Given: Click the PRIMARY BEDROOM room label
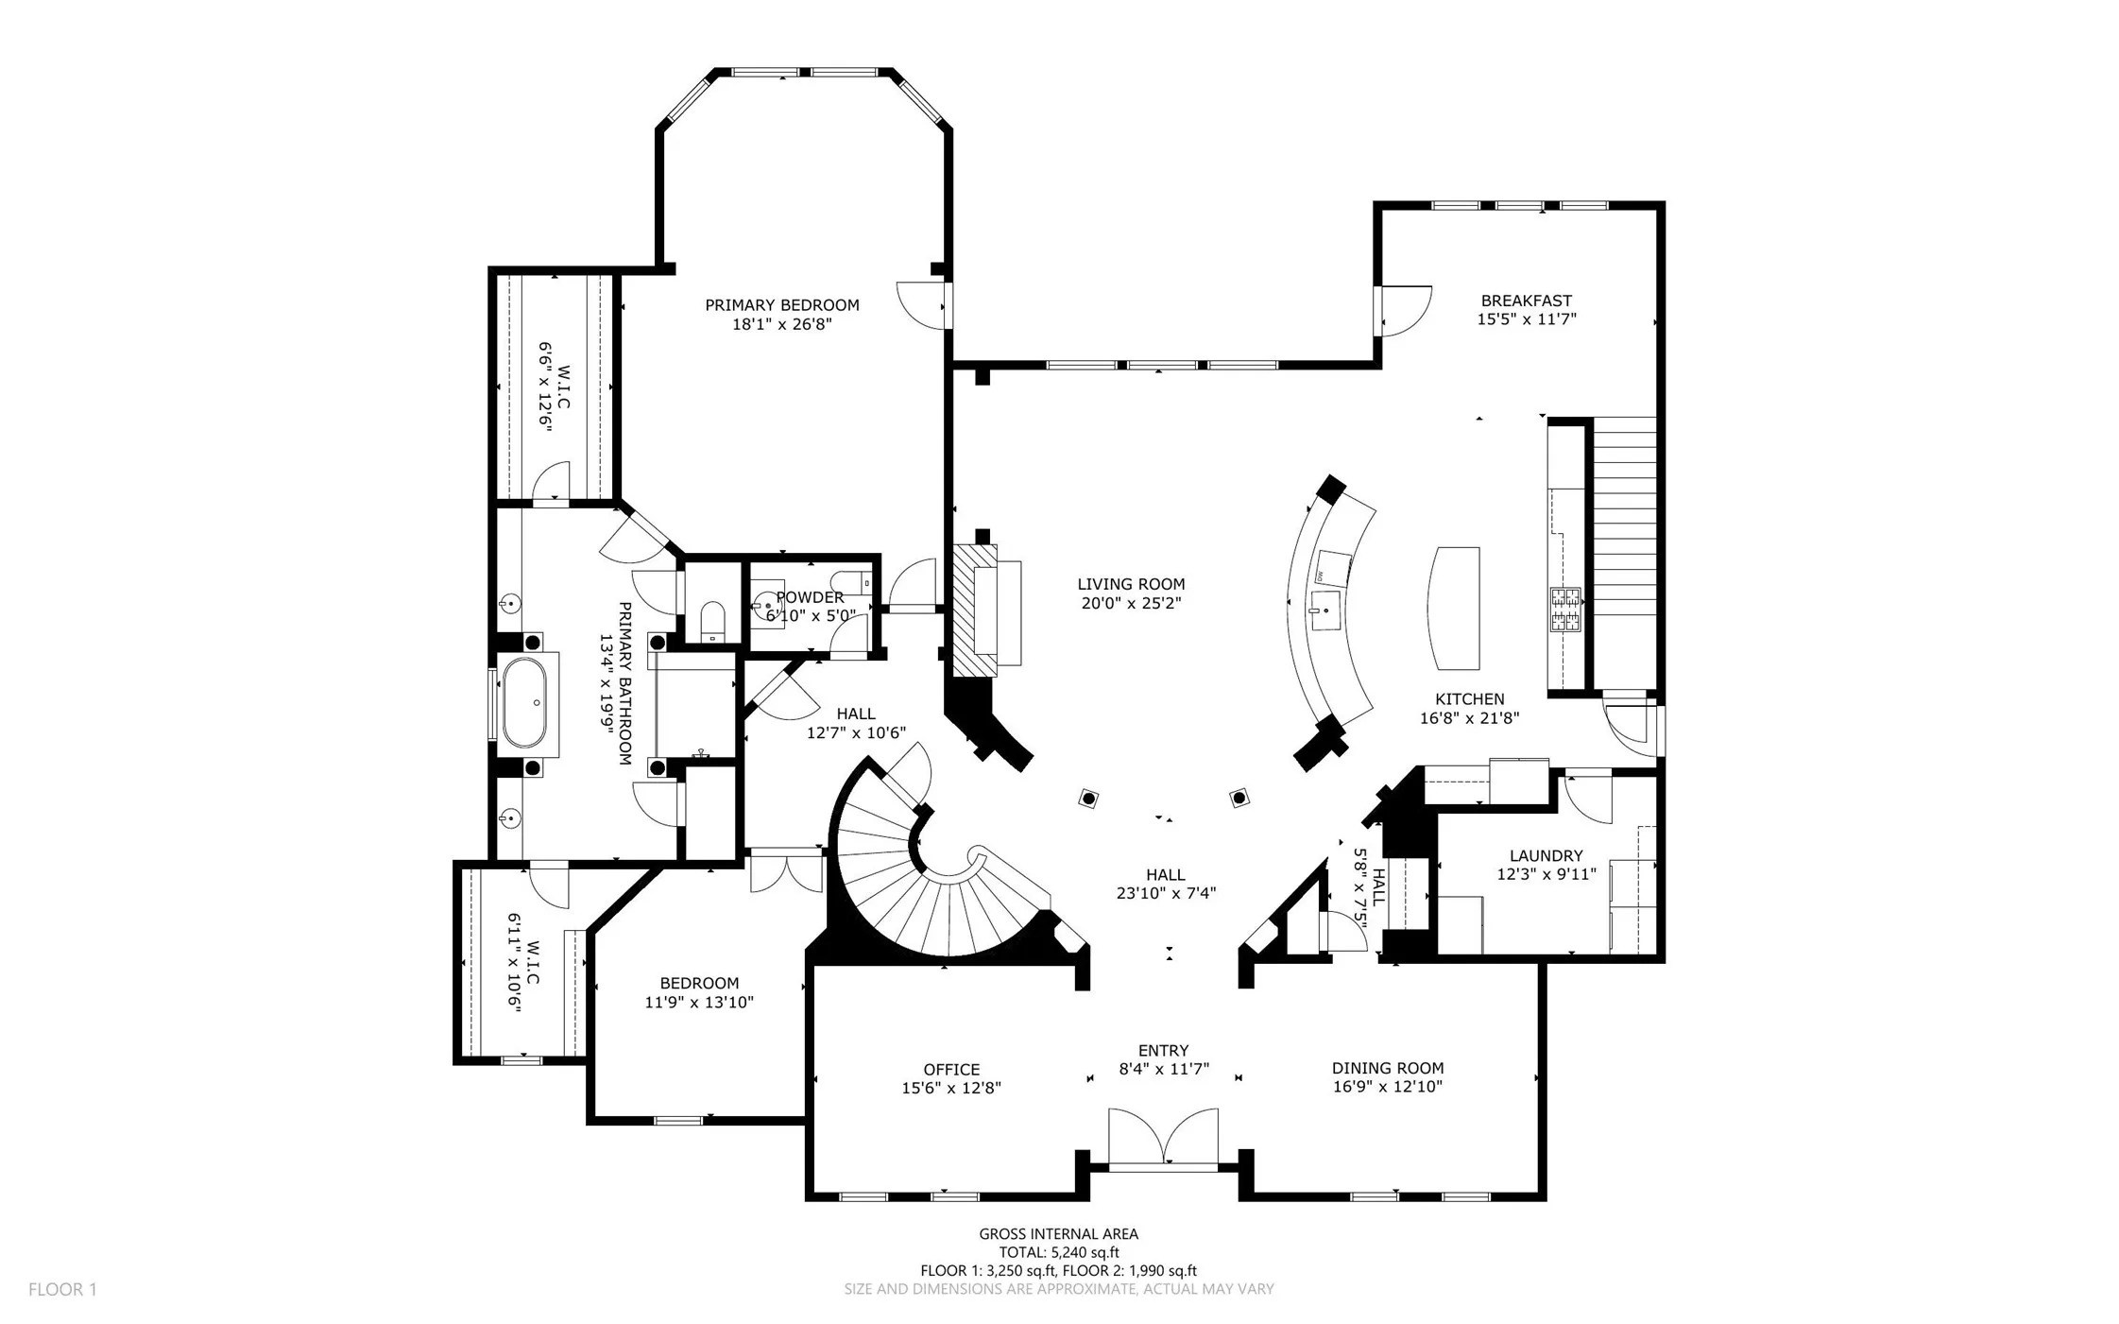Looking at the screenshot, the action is tap(782, 305).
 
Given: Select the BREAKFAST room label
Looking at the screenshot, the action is tap(1527, 301).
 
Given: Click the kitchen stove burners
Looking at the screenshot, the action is tap(1564, 610).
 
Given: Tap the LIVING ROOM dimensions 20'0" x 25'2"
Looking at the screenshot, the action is tap(1131, 603).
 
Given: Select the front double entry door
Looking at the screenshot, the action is tap(1164, 1140).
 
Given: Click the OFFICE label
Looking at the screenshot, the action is tap(951, 1070).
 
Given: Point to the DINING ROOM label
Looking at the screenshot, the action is tap(1388, 1068).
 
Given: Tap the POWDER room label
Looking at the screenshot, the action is tap(810, 597).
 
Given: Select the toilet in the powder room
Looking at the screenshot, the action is tap(855, 583).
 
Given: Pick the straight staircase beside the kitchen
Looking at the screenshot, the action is tap(1625, 554).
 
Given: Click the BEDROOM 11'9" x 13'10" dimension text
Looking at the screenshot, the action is tap(699, 1002).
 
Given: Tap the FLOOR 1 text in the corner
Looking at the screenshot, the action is tap(62, 1289).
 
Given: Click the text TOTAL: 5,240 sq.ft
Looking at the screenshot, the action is tap(1059, 1252).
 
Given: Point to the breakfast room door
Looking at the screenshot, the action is tap(1403, 310).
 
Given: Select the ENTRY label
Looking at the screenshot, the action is tap(1164, 1050).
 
